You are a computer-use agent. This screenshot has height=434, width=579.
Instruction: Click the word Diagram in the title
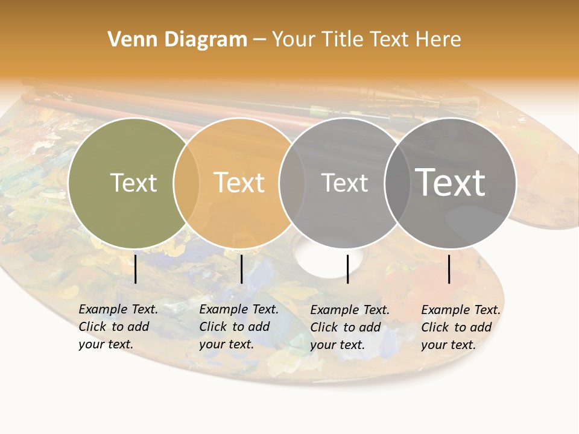(x=206, y=40)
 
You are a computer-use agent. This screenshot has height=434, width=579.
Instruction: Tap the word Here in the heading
(x=438, y=40)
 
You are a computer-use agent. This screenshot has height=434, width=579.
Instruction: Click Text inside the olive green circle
(x=133, y=183)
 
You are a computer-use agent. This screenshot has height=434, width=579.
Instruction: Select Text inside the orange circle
(x=239, y=183)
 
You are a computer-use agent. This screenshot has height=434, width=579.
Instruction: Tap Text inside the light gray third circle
(x=344, y=183)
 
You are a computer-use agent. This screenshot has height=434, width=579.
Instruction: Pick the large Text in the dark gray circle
(x=450, y=182)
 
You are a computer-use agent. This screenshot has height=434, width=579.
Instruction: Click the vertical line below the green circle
(x=136, y=269)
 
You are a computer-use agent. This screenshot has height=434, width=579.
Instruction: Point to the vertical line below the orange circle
(x=241, y=269)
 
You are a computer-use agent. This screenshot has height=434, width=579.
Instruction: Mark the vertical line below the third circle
(x=347, y=269)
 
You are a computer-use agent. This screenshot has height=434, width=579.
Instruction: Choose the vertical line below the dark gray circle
(x=449, y=269)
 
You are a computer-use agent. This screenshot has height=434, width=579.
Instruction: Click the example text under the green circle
(x=118, y=327)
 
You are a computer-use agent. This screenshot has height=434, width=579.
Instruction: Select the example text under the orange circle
(x=239, y=327)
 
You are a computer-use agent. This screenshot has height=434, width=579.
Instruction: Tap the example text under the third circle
(x=350, y=327)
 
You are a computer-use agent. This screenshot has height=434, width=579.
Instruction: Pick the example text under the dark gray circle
(x=461, y=327)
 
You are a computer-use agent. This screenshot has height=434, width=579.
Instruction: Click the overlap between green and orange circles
(x=186, y=183)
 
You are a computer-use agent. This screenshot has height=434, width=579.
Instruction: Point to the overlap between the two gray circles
(x=397, y=183)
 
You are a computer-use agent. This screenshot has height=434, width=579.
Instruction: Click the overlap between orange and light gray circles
(x=292, y=183)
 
